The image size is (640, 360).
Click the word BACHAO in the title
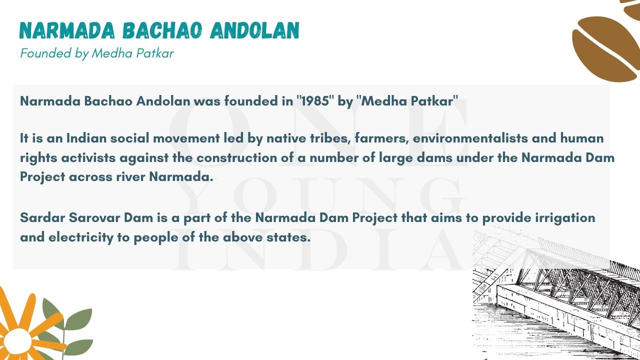pos(162,30)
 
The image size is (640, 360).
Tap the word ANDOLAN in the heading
pos(254,30)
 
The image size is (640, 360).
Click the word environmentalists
pos(470,138)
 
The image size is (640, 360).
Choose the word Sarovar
pos(94,217)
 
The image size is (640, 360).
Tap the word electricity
pos(81,237)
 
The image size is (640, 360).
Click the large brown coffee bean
pos(605,49)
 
